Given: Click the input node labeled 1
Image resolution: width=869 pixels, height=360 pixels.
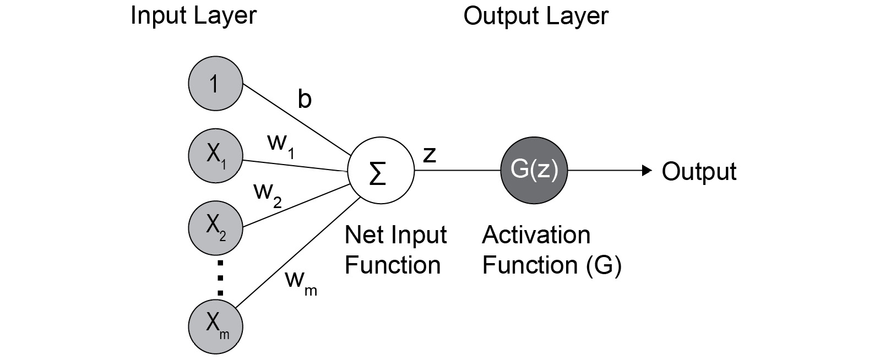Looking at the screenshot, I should pos(215,85).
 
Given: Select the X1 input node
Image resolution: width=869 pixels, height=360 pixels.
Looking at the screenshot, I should pos(215,156).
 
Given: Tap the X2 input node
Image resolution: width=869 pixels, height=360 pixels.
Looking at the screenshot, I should pos(215,227).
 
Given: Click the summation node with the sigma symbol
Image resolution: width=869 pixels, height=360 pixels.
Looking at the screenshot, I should pos(381,171).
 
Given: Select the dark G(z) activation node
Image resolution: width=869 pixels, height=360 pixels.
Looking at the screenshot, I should pos(534,171).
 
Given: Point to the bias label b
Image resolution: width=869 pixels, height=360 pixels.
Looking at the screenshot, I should pos(305,100).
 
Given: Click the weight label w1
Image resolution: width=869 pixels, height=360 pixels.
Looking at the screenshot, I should pos(280,144).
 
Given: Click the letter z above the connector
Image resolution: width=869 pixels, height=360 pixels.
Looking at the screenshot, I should pos(429,155).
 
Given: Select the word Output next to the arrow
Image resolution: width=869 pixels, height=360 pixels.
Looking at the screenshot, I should pos(698,171).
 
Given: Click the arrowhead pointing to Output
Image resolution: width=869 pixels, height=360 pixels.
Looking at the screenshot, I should pos(648,171).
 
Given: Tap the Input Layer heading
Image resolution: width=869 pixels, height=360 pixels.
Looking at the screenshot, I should pos(193,15).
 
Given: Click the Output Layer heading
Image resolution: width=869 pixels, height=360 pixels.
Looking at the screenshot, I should pos(535,15).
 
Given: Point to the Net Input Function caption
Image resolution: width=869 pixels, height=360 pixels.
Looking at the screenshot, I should pos(395,250).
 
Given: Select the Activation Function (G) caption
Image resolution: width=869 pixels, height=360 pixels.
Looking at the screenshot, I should pos(551,250).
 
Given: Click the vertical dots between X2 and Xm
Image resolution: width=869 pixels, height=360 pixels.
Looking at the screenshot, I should pos(220,278).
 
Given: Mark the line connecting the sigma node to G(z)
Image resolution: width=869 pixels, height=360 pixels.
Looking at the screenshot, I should pos(457,171).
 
